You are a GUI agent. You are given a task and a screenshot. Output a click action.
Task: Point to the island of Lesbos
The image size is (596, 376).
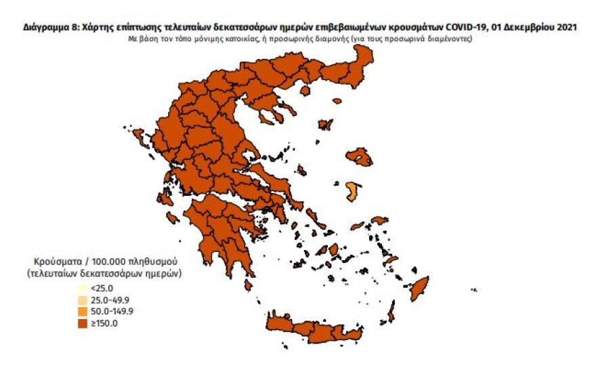359,157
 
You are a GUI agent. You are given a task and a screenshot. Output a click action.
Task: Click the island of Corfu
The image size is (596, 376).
142,140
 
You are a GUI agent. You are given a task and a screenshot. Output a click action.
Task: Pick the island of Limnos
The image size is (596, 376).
326,125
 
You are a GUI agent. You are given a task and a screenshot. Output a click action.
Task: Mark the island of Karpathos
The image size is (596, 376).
391,313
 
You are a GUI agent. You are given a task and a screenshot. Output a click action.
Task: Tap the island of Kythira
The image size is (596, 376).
249,285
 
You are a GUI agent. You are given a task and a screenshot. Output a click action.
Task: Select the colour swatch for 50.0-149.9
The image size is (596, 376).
81,312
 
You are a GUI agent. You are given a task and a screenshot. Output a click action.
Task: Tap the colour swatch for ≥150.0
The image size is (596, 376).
81,323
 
